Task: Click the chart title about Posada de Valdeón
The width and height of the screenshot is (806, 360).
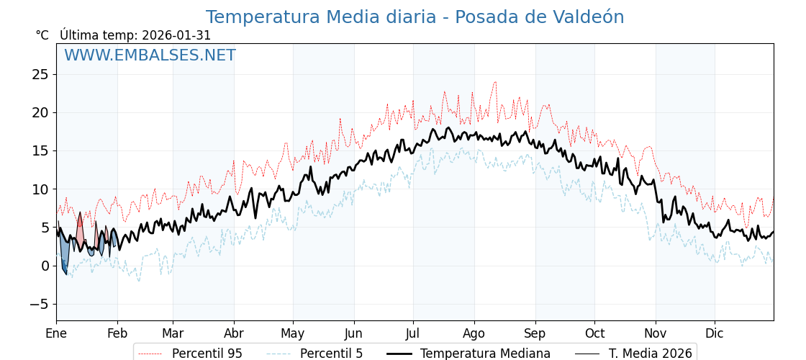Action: [x=415, y=17]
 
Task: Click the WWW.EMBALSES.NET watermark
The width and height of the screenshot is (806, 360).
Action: [x=150, y=55]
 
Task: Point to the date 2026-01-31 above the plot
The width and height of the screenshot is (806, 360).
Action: [x=176, y=35]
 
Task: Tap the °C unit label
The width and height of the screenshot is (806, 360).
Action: [x=42, y=35]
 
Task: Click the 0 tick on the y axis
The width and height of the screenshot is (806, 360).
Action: [x=45, y=266]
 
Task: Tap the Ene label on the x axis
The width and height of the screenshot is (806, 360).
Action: [x=56, y=333]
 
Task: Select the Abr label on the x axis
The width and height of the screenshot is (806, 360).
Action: [x=234, y=333]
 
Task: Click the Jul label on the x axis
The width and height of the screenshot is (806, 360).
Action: [x=413, y=333]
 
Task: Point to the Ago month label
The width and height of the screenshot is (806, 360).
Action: [x=474, y=333]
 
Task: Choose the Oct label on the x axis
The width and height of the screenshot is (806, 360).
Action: [x=594, y=333]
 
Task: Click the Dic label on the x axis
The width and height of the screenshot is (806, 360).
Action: [x=715, y=333]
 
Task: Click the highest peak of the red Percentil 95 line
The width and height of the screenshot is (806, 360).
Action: [x=495, y=82]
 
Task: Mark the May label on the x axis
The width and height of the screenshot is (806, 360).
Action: [x=293, y=333]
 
